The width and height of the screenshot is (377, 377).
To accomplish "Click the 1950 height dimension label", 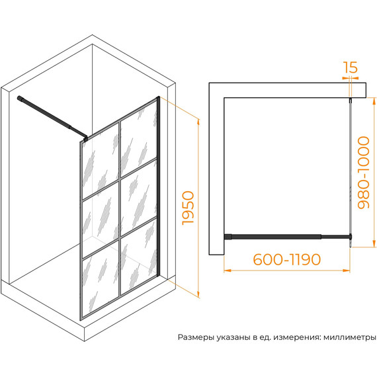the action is click(188, 208).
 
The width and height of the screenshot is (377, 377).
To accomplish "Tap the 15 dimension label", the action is click(350, 67).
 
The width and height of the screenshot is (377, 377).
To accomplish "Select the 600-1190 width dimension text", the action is click(287, 259).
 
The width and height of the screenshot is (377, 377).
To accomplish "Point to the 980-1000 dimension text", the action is click(363, 173).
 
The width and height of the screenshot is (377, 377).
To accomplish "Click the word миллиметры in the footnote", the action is click(350, 337).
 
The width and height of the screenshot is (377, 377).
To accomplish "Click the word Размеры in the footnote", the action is click(196, 337).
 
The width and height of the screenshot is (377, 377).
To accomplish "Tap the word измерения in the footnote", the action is click(297, 337).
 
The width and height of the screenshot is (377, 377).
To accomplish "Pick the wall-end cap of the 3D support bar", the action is click(19, 98).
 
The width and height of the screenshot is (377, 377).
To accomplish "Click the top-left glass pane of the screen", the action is click(100, 163).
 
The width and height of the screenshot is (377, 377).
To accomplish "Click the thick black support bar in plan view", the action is click(273, 237).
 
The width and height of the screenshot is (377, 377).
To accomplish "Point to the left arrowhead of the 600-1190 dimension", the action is click(228, 271).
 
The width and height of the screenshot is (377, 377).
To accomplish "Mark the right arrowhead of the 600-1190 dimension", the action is click(347, 271).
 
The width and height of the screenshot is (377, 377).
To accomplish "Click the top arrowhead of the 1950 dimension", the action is click(198, 122).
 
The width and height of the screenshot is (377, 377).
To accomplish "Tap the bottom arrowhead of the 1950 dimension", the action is click(198, 294).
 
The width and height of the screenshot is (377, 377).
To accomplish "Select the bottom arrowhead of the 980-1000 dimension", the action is click(374, 243).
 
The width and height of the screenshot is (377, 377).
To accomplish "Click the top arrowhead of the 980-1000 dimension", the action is click(374, 101).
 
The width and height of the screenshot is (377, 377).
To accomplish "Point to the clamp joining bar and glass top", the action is click(85, 138).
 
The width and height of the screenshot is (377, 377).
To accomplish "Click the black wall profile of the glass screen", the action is click(158, 187).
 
